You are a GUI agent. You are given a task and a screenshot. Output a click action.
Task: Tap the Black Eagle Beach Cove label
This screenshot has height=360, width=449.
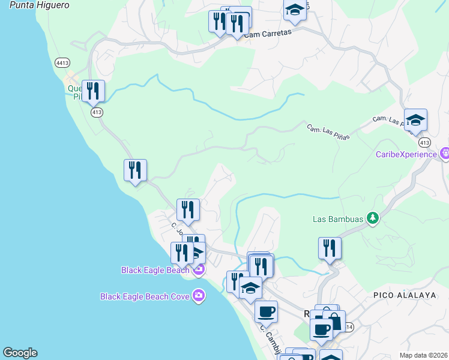point(145,296)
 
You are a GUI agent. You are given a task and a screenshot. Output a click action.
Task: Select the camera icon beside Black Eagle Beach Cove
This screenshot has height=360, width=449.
point(199,295)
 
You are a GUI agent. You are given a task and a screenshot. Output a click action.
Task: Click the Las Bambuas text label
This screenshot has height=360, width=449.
point(338,219)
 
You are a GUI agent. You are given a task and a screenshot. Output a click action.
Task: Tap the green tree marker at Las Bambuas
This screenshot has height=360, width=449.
point(373,218)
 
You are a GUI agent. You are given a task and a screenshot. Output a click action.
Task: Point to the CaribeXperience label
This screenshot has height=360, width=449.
point(406,154)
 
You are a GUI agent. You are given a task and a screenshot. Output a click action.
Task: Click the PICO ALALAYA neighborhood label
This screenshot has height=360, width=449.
point(399,295)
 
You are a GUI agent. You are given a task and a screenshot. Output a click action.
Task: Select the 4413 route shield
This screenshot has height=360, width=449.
point(62,62)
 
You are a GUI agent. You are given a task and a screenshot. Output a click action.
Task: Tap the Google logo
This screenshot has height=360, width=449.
point(20,353)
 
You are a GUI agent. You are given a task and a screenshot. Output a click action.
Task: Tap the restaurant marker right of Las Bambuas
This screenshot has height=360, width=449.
point(330,247)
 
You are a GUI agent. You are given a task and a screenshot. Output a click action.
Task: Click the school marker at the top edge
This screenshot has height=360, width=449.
point(295,9)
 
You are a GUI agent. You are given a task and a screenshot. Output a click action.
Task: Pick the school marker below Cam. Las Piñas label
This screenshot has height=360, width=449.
point(415,120)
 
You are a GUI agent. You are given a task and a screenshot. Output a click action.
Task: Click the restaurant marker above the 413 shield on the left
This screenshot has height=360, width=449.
point(93,91)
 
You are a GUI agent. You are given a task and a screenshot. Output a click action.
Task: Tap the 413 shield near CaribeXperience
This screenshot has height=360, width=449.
point(425,142)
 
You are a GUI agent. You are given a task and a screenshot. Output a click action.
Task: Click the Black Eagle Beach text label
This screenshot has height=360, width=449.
point(155,270)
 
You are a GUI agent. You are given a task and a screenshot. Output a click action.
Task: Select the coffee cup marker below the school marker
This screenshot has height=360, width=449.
point(266,311)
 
